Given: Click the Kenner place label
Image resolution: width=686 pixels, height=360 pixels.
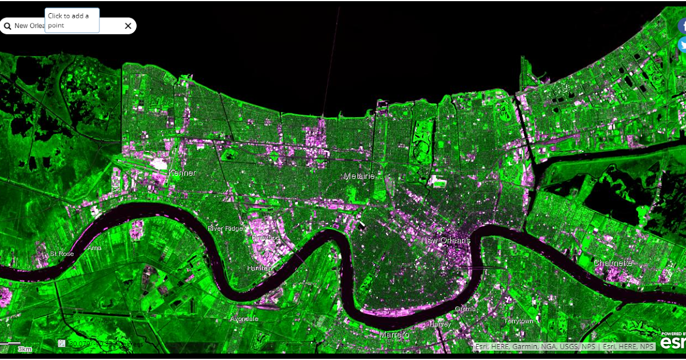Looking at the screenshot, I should (x=182, y=173).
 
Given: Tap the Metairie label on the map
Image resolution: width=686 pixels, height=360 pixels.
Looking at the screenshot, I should (x=359, y=176).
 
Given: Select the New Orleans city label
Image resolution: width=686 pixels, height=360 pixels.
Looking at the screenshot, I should (x=445, y=241).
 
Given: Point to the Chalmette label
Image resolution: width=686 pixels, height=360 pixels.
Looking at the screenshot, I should (x=613, y=263).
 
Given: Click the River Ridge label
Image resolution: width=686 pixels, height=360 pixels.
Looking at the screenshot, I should (x=225, y=229).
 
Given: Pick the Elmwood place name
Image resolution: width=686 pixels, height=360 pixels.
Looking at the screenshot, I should (x=265, y=237).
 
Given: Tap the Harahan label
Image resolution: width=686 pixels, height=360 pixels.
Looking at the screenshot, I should (x=259, y=268).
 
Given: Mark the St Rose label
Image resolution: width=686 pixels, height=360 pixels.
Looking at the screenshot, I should (x=62, y=254).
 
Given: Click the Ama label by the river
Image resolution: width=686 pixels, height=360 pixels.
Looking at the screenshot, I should (x=94, y=248).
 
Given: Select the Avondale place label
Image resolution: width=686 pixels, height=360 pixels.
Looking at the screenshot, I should (x=244, y=319).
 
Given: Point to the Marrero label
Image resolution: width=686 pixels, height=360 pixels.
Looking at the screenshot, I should (x=394, y=334).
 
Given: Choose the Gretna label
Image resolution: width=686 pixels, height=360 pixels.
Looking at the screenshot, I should (x=465, y=309).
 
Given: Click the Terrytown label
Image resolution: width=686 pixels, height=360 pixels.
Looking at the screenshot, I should (x=519, y=321).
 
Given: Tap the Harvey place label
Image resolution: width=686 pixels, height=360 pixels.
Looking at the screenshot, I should (x=440, y=323).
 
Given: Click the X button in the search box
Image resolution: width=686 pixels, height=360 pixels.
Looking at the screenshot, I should (x=128, y=26).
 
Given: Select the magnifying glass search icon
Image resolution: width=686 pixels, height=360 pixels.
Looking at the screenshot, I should (x=7, y=26).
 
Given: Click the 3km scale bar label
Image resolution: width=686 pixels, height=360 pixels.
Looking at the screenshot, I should (x=24, y=349).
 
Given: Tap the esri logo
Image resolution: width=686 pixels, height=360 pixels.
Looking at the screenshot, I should (x=673, y=342).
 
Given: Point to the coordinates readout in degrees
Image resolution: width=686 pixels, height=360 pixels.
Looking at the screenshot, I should (x=106, y=343).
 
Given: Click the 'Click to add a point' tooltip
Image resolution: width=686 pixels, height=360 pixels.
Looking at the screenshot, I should (x=72, y=21).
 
